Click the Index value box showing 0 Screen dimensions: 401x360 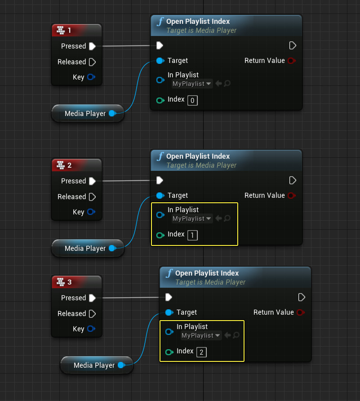(192, 100)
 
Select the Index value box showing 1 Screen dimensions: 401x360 (192, 235)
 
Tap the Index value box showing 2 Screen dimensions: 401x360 (201, 352)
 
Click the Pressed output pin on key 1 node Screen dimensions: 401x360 (92, 46)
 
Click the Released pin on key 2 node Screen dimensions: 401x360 (92, 196)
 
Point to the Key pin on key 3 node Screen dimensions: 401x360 (91, 329)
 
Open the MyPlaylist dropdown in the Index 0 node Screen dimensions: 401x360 (192, 84)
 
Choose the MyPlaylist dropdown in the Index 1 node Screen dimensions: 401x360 (192, 218)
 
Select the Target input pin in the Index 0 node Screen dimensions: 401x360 (160, 60)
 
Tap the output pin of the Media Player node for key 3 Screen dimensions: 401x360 (121, 365)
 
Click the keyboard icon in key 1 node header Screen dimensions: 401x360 (61, 30)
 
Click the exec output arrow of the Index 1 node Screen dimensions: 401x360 (293, 180)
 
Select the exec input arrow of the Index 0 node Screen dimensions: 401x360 (160, 45)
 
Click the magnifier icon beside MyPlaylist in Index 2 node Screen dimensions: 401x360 (236, 335)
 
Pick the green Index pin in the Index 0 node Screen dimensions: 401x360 (160, 100)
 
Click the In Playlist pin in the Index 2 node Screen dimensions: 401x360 (169, 332)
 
